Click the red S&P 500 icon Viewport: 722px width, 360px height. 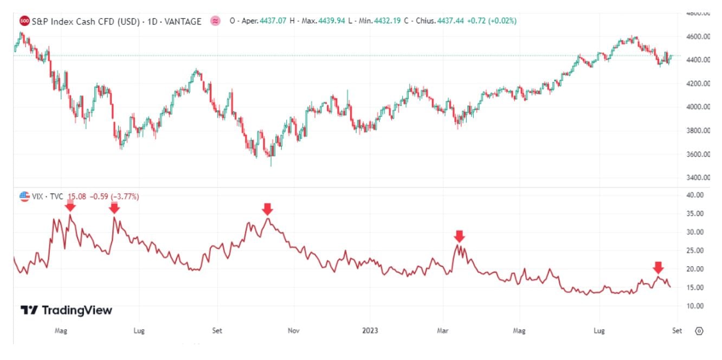24,21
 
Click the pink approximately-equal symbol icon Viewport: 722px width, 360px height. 215,21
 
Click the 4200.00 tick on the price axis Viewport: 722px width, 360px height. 698,83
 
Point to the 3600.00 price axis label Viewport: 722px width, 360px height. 698,154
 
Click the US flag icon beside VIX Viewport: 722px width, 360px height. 24,196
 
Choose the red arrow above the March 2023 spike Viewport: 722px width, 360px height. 459,236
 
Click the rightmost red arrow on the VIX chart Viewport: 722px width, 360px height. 658,267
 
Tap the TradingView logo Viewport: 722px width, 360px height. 66,310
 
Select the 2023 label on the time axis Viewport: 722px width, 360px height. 370,330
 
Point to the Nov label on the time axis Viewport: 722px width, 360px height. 293,330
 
